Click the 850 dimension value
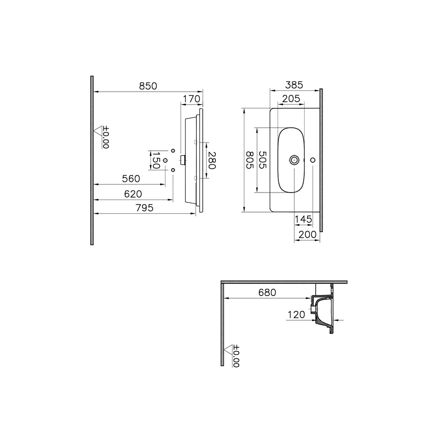coord(148,86)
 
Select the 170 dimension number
coord(191,99)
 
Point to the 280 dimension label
coord(212,161)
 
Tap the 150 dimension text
coord(155,160)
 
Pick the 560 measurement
coord(131,179)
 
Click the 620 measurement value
coord(132,194)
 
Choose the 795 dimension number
coord(144,208)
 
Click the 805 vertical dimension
coord(249,160)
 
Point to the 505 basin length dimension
coord(262,160)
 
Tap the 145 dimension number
coord(303,219)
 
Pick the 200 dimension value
coord(307,234)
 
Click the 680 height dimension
coord(267,292)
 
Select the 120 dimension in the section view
coord(296,315)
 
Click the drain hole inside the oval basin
coord(294,160)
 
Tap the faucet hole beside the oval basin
coord(313,160)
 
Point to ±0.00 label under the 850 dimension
coord(105,137)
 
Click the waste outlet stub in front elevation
coord(182,159)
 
